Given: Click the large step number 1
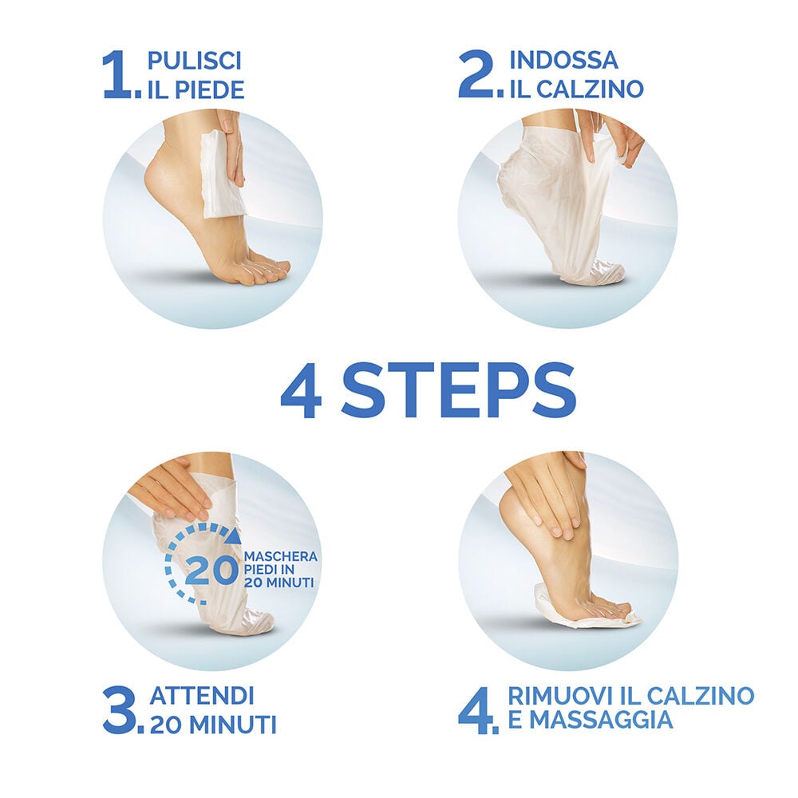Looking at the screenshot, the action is pos(118,75).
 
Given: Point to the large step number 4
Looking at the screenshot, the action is pos(476,710).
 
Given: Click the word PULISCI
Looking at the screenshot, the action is pos(194,61).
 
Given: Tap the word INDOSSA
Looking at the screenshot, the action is pos(564,60).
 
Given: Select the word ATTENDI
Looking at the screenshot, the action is pos(202,696).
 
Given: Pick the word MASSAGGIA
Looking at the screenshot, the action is pos(590,721).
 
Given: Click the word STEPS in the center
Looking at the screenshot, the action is pos(459,391).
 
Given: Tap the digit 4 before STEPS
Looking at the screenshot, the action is pos(302,391).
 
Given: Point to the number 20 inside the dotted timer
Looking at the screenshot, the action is pos(211,571).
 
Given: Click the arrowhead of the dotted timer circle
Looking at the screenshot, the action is pos(234,535).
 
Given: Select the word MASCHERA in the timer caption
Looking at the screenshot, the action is pos(281,556).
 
